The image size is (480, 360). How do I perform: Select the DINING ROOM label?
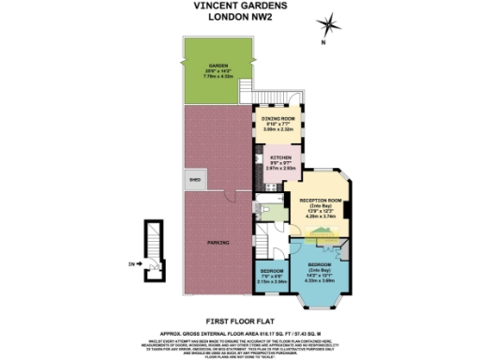pyautogui.click(x=277, y=119)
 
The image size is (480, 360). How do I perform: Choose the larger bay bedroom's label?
pyautogui.click(x=320, y=265)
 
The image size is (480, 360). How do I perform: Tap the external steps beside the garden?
pyautogui.click(x=295, y=97)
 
